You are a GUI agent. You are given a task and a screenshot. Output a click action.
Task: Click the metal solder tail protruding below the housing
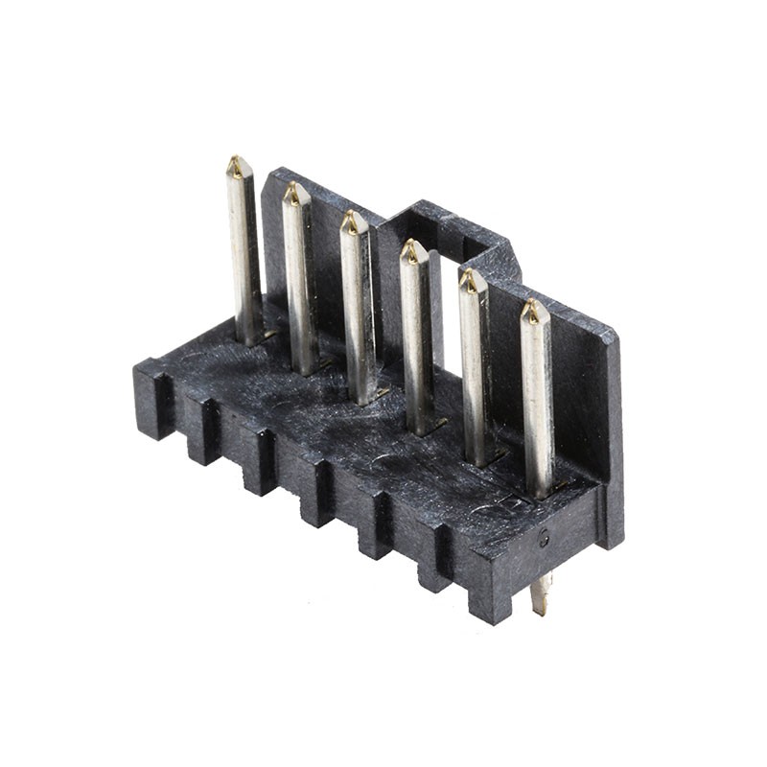click(540, 594)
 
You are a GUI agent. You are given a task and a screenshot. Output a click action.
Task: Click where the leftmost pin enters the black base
click(249, 337)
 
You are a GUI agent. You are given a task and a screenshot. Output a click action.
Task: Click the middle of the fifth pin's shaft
click(476, 369)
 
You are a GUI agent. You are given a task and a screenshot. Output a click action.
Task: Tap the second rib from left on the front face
click(203, 431)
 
